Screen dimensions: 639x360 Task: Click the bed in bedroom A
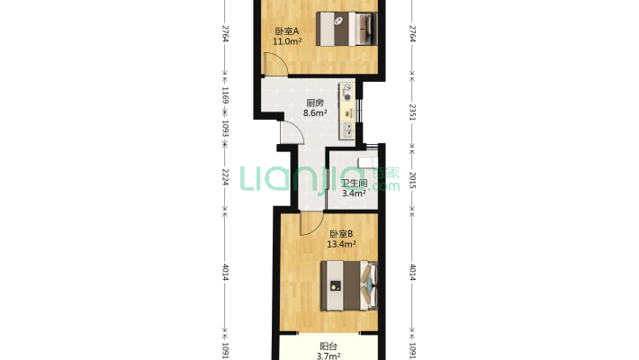346,29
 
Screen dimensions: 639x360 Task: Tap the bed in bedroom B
349,286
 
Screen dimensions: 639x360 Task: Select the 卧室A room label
287,31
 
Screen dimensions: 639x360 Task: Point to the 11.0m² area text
287,41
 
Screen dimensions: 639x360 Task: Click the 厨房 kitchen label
315,103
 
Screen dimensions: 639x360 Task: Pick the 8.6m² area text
315,112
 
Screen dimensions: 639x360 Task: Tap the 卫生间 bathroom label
354,184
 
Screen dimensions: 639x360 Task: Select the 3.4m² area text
354,193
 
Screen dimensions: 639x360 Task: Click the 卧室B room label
341,234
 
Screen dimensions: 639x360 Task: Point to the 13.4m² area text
341,244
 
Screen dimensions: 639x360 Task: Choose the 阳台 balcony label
328,346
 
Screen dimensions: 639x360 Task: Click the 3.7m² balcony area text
328,355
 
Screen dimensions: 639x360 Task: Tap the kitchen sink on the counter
347,130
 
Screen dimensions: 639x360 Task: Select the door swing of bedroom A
276,64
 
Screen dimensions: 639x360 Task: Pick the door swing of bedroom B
311,224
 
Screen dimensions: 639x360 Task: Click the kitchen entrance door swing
292,132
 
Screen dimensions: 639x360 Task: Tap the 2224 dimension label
224,177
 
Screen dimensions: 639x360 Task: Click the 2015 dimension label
412,180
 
